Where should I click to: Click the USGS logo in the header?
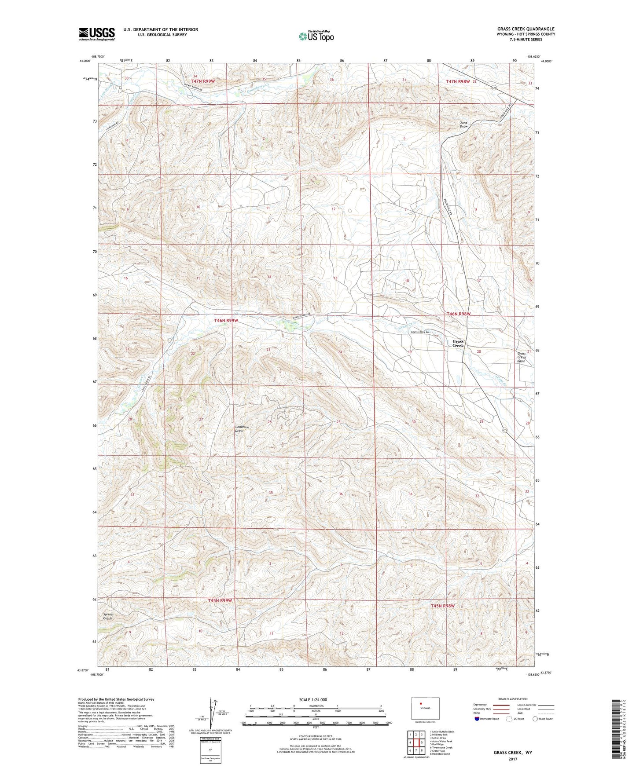click(97, 34)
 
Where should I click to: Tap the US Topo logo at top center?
click(316, 36)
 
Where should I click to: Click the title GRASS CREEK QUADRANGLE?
click(526, 29)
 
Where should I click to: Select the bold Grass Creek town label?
click(458, 344)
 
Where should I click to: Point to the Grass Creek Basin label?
click(522, 357)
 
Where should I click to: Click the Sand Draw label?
click(464, 124)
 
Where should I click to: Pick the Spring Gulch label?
click(108, 616)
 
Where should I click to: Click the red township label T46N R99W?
click(226, 321)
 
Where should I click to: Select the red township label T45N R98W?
click(442, 606)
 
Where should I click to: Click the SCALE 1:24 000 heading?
click(313, 699)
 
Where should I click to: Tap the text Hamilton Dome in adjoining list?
click(441, 753)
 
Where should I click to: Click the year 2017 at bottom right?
click(512, 759)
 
